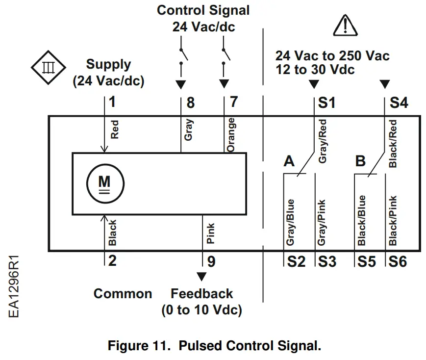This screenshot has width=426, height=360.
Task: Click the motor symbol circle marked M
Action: pyautogui.click(x=105, y=183)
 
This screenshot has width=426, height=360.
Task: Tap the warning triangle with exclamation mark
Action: pyautogui.click(x=345, y=26)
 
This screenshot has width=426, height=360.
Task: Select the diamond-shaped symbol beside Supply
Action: pyautogui.click(x=49, y=67)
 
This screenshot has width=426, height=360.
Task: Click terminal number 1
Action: pyautogui.click(x=112, y=102)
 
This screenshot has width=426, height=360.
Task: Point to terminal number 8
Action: pyautogui.click(x=191, y=103)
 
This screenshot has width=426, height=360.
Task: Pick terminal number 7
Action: pyautogui.click(x=234, y=102)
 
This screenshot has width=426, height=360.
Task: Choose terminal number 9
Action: pyautogui.click(x=211, y=261)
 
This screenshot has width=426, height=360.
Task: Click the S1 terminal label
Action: pyautogui.click(x=326, y=103)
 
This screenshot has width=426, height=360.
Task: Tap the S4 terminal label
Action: pyautogui.click(x=399, y=103)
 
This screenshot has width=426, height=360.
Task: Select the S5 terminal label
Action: pyautogui.click(x=367, y=261)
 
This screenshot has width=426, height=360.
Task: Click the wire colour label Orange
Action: pyautogui.click(x=231, y=135)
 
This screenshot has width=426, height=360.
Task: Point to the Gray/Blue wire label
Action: pyautogui.click(x=290, y=222)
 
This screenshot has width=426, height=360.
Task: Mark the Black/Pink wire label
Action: pyautogui.click(x=393, y=221)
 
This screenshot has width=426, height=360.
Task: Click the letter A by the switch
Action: pyautogui.click(x=289, y=161)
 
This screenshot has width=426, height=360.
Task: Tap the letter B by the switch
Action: pyautogui.click(x=360, y=161)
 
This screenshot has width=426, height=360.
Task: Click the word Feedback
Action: pyautogui.click(x=201, y=294)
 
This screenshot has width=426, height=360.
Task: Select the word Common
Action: pyautogui.click(x=123, y=294)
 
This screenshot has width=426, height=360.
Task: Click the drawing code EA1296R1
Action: pyautogui.click(x=14, y=286)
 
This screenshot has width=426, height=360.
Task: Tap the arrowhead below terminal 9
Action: pyautogui.click(x=201, y=277)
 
